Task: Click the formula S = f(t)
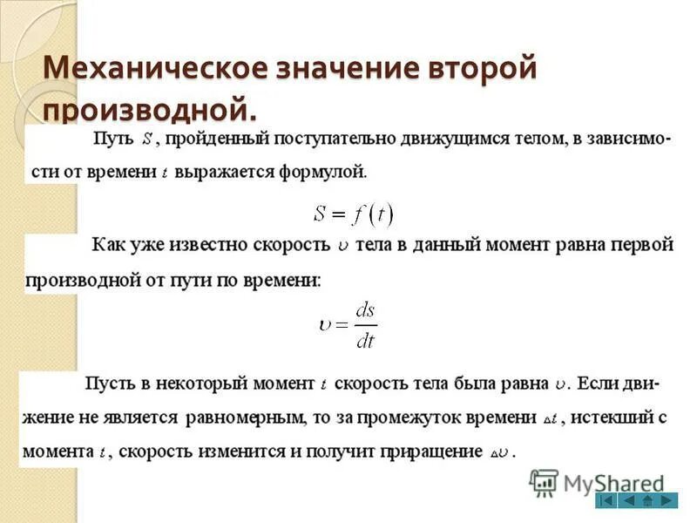click(352, 212)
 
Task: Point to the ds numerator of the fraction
click(365, 310)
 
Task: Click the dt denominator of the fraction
click(365, 340)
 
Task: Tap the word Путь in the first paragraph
click(112, 139)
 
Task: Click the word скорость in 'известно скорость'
click(291, 246)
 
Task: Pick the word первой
click(640, 246)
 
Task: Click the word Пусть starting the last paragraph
click(107, 384)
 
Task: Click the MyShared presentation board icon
click(544, 482)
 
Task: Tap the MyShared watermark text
click(614, 484)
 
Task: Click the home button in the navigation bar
click(647, 500)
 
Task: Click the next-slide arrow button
click(667, 500)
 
